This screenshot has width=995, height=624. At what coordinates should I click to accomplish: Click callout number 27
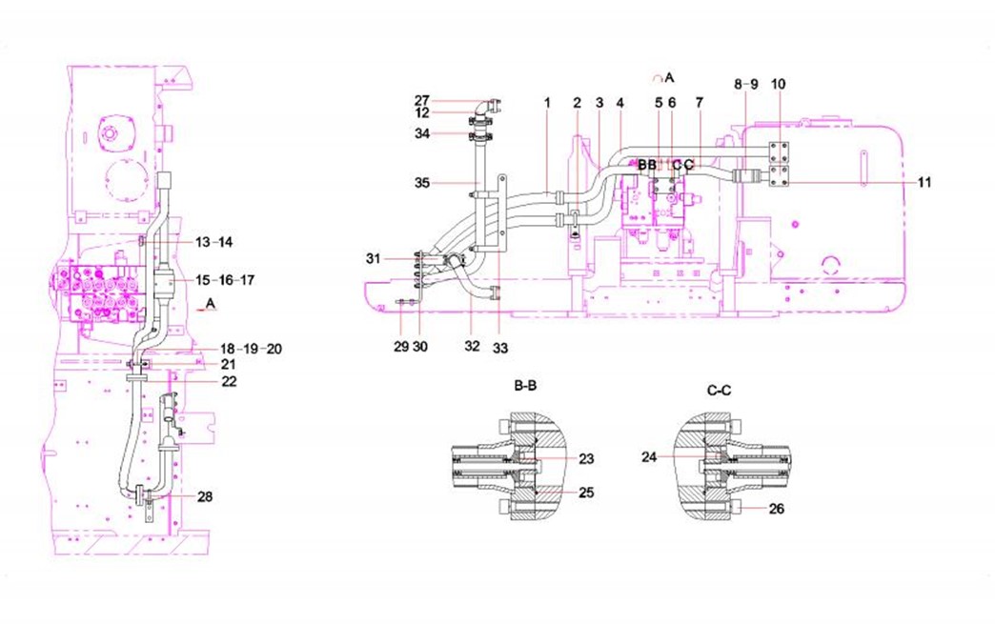(x=422, y=99)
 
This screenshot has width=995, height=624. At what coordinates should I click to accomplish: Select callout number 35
(x=422, y=181)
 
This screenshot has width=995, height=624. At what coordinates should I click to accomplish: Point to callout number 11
(x=925, y=181)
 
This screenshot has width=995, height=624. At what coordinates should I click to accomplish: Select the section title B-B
(x=526, y=387)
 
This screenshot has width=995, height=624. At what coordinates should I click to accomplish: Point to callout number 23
(x=586, y=458)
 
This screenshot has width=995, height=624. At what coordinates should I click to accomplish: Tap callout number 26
(x=777, y=509)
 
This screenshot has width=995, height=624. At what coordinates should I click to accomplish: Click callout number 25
(x=586, y=493)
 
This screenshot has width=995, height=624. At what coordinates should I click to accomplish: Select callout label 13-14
(x=214, y=242)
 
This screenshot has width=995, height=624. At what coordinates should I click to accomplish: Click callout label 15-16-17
(x=226, y=280)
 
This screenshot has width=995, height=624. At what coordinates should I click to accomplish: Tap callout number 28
(x=206, y=496)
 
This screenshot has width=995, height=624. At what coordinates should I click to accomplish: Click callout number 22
(x=228, y=381)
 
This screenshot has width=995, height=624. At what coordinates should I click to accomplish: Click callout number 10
(x=778, y=84)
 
